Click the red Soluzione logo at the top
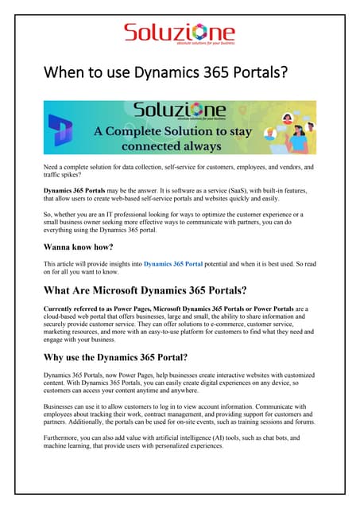(x=179, y=33)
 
